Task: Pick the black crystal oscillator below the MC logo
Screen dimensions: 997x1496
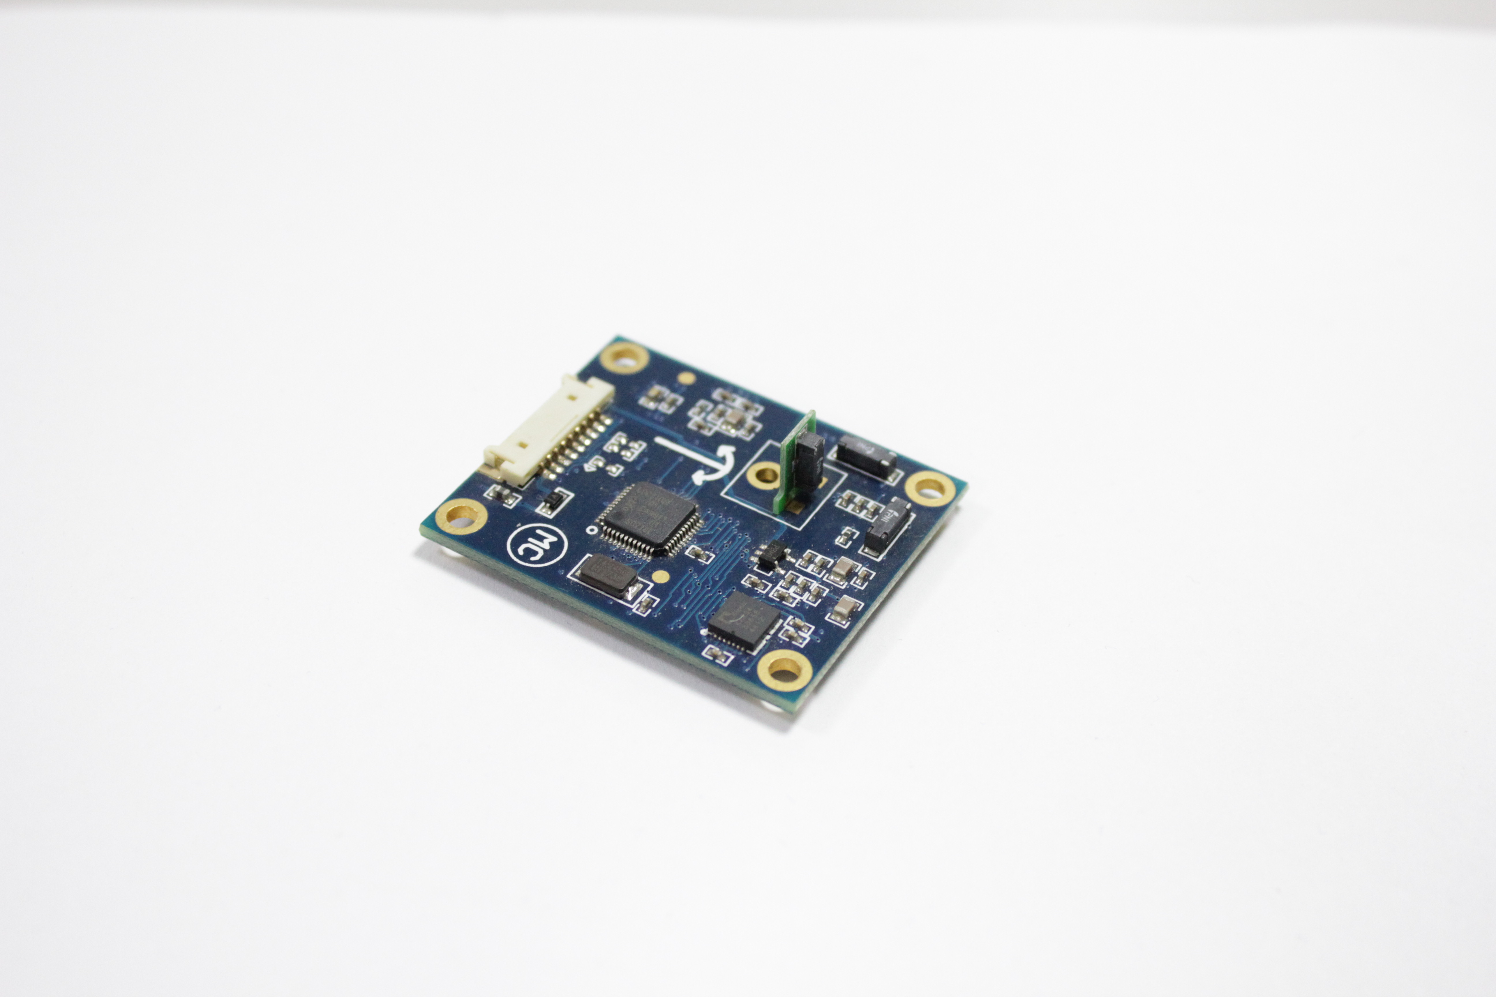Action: coord(607,574)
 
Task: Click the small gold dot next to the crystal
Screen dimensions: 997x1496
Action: coord(661,577)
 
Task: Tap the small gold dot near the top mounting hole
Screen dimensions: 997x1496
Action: coord(685,378)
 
